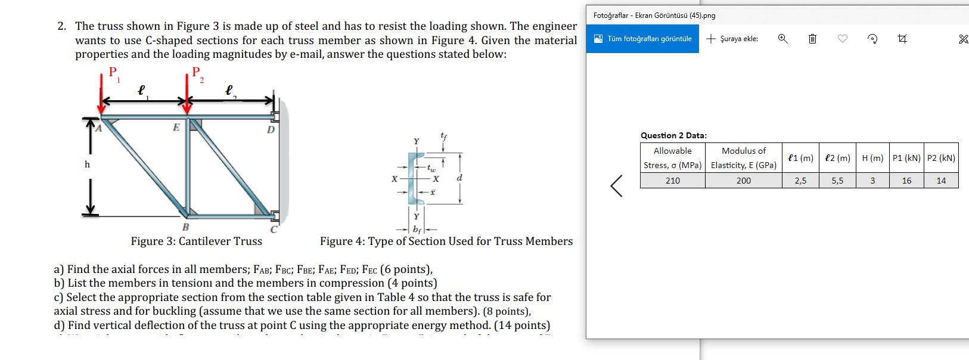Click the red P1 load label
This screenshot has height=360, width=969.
pyautogui.click(x=113, y=73)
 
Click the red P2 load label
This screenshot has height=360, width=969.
pyautogui.click(x=197, y=73)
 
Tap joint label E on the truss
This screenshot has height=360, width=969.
pyautogui.click(x=176, y=127)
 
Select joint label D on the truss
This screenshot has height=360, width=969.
pyautogui.click(x=271, y=129)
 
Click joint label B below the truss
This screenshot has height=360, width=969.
pyautogui.click(x=185, y=227)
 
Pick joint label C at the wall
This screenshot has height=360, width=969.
pyautogui.click(x=274, y=229)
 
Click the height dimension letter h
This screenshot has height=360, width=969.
pyautogui.click(x=87, y=165)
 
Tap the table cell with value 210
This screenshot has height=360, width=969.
pyautogui.click(x=672, y=181)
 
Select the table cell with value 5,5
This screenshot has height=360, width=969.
pyautogui.click(x=837, y=181)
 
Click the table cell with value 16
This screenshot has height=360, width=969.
pyautogui.click(x=906, y=181)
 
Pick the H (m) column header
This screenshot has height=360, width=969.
pyautogui.click(x=872, y=158)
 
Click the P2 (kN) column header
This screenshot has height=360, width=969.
pyautogui.click(x=941, y=158)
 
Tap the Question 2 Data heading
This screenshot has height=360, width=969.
pyautogui.click(x=673, y=135)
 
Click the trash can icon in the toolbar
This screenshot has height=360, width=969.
pyautogui.click(x=812, y=39)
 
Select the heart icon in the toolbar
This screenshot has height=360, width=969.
pyautogui.click(x=843, y=39)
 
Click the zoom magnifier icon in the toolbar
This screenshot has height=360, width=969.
pyautogui.click(x=782, y=39)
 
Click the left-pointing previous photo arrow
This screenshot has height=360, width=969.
pyautogui.click(x=617, y=186)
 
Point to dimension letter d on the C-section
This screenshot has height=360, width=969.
pyautogui.click(x=459, y=178)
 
